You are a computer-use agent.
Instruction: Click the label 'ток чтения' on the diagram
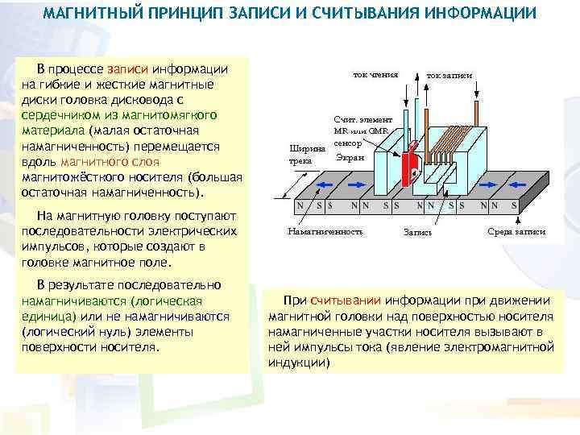376,73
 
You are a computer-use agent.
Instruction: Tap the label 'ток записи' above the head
449,74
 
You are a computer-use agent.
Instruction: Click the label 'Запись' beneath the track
418,233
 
